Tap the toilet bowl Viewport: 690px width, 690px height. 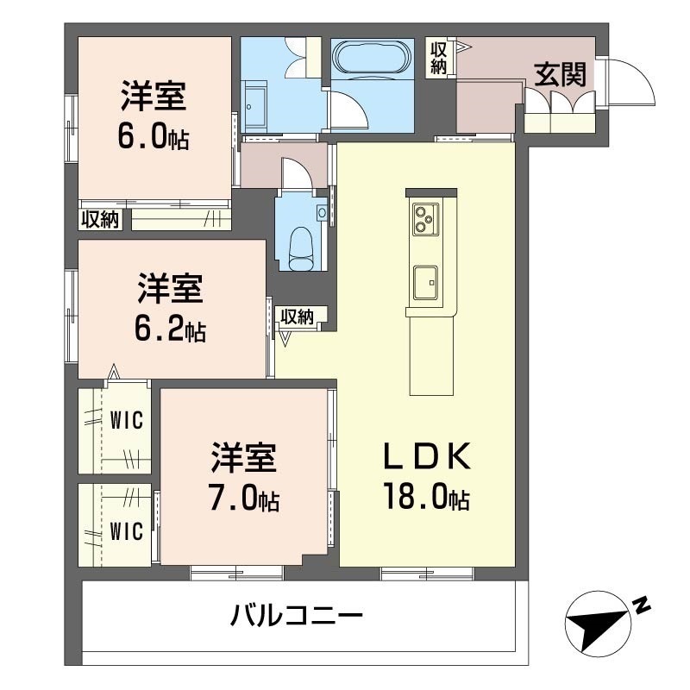click(x=301, y=248)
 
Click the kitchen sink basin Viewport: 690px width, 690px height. click(x=425, y=283)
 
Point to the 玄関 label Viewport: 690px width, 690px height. click(x=560, y=75)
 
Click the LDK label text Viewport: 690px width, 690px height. click(x=427, y=457)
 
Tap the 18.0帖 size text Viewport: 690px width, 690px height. click(x=427, y=497)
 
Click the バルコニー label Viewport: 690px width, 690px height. click(x=297, y=614)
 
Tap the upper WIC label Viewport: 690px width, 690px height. click(x=127, y=419)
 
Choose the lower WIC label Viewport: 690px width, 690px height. click(x=127, y=531)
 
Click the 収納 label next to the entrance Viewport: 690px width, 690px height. click(x=438, y=57)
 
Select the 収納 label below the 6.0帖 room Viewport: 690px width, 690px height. click(x=101, y=219)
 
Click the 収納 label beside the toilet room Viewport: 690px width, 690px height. click(x=298, y=316)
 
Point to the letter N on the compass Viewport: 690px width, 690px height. click(x=642, y=605)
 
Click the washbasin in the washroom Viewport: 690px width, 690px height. click(x=254, y=106)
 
